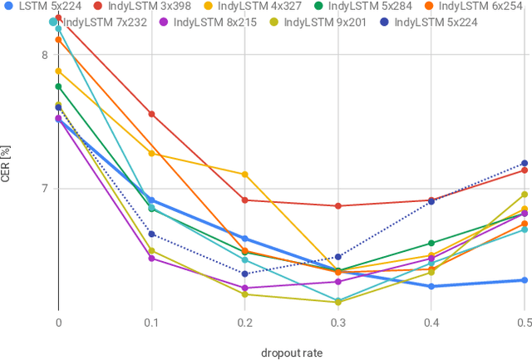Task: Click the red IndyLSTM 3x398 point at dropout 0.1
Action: [151, 114]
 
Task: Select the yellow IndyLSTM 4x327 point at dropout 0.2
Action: [244, 175]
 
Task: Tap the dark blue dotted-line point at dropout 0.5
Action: [524, 163]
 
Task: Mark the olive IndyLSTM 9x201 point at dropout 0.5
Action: [524, 195]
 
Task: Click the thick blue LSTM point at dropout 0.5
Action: [524, 280]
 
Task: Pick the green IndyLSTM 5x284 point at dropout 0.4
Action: [431, 243]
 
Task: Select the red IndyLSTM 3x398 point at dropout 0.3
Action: [337, 206]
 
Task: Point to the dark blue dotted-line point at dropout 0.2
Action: [244, 274]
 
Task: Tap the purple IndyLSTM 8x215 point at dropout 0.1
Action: [151, 259]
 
